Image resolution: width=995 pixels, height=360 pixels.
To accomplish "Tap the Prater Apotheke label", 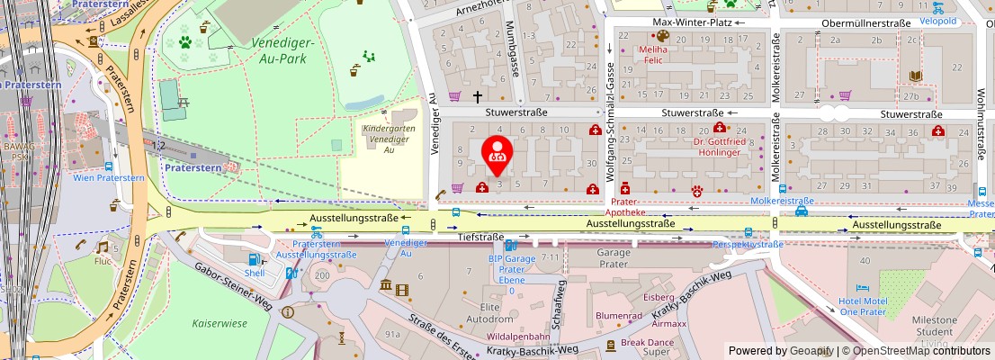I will click(x=628, y=206).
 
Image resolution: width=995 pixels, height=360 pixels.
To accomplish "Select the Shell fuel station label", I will click(x=255, y=273).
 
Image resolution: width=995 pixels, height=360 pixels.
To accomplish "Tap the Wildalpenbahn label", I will click(x=516, y=337).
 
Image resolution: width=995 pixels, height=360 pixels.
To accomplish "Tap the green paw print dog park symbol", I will click(x=185, y=41).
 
